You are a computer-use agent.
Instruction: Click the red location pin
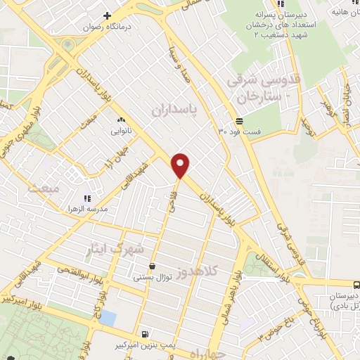[x=181, y=165]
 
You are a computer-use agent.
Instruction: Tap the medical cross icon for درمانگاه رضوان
[x=107, y=15]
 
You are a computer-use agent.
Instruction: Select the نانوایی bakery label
[x=114, y=131]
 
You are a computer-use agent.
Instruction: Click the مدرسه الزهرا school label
[x=105, y=210]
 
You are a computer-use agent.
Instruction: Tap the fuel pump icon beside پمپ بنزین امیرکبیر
[x=145, y=335]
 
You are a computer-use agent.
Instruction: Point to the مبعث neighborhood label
[x=40, y=188]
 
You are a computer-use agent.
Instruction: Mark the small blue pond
[x=108, y=316]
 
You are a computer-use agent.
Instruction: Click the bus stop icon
[x=356, y=285]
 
